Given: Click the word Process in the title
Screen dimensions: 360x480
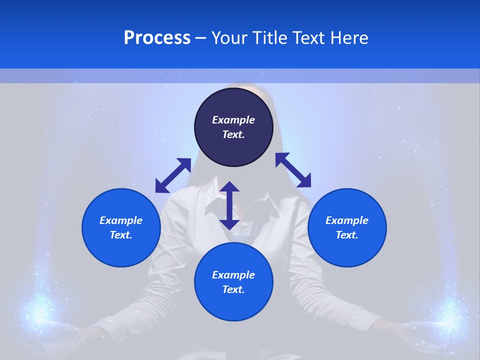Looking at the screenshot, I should coord(157,38).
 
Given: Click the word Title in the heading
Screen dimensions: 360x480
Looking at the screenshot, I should coord(268,38).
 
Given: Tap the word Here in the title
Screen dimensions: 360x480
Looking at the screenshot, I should coord(349,38).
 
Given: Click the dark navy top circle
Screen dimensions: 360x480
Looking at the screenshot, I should coord(233,105).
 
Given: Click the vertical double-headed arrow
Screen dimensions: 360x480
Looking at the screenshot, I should coord(229,205).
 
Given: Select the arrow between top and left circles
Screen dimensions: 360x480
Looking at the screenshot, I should coord(173,175).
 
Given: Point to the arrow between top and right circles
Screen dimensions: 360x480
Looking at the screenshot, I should coord(293,170).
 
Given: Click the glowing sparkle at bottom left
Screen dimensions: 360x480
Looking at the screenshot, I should coord(38,310).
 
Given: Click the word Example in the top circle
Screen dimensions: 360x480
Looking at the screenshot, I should coord(233,120).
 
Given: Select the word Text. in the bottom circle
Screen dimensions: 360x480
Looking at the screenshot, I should coord(233,289).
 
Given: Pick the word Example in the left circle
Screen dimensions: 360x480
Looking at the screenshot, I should coord(121,220).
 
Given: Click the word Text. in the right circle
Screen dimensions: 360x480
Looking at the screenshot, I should coord(347,235).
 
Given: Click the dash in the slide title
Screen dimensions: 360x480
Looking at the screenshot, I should coord(200,38).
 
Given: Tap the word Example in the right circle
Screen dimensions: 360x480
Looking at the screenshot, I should coord(347,220).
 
